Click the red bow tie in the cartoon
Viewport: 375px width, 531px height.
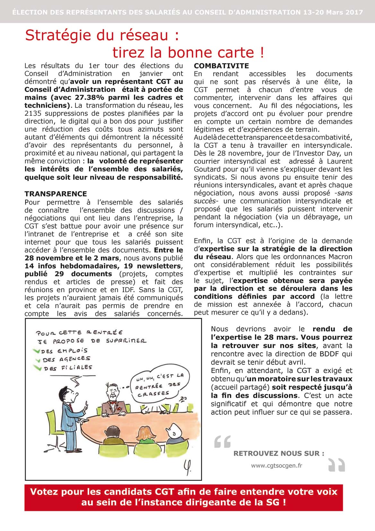112,402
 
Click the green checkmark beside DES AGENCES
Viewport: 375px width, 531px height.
39,359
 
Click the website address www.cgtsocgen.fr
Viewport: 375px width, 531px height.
276,465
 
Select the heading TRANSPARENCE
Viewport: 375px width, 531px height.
56,194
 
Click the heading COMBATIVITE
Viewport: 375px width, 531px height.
221,66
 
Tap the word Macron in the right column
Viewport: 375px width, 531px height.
340,257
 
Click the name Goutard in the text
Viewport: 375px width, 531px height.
207,169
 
